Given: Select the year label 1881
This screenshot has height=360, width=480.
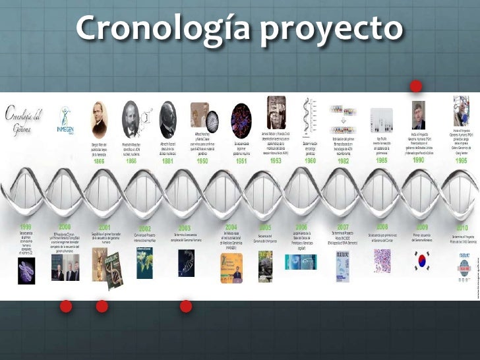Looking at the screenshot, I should (167, 160).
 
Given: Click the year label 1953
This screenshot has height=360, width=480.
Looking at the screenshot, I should (276, 160).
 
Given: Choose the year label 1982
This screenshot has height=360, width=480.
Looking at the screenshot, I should (343, 160).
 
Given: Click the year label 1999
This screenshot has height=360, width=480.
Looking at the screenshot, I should (26, 227).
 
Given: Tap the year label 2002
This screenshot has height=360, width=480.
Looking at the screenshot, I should (145, 229).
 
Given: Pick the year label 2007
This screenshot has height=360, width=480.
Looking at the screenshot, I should (343, 227).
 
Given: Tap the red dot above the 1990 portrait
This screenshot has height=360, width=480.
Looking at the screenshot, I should (415, 86).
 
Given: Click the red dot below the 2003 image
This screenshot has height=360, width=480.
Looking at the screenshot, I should (186, 306).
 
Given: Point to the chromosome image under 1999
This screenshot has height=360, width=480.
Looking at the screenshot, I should (26, 266).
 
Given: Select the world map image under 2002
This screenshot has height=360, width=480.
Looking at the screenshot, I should (145, 264).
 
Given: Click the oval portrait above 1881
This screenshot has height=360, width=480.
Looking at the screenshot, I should (168, 119).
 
